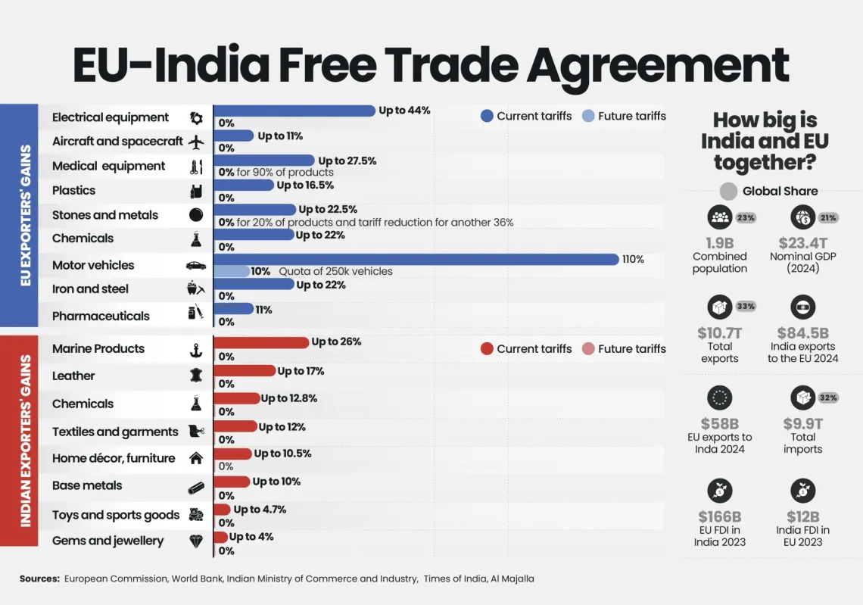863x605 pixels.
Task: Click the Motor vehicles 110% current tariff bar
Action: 416,259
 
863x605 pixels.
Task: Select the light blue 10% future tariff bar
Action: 232,271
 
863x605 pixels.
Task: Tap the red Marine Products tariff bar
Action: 262,342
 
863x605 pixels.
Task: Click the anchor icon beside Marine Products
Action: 195,350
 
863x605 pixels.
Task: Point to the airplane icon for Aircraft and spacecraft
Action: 196,142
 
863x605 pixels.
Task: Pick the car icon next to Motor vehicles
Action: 196,266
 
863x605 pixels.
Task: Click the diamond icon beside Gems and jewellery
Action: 196,541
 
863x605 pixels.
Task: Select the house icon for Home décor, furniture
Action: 196,458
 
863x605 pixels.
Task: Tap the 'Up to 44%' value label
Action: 404,111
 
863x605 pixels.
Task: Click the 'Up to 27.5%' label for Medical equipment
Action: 347,161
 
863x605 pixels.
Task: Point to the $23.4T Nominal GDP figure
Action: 803,243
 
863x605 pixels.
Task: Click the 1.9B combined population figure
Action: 719,243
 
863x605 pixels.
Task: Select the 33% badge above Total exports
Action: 746,307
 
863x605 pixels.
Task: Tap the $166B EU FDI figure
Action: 719,517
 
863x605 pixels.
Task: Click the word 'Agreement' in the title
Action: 657,66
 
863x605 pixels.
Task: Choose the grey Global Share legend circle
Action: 728,192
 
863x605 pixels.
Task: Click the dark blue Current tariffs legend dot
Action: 487,116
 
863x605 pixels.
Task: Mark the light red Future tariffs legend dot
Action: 588,349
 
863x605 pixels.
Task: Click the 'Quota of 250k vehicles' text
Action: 335,271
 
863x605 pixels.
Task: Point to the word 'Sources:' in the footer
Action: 39,578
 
